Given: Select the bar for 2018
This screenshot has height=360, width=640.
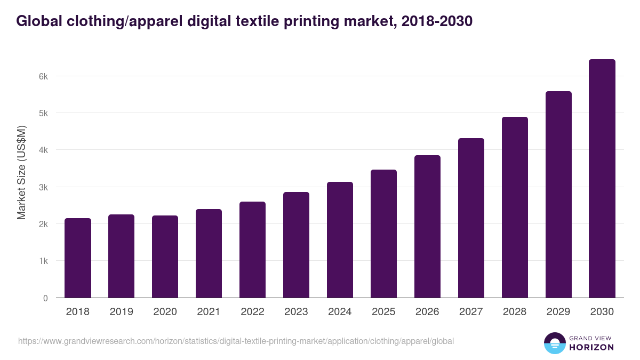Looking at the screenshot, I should [x=78, y=258].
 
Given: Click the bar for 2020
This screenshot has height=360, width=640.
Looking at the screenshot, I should [x=165, y=257].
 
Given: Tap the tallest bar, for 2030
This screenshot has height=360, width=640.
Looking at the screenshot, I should [x=602, y=179].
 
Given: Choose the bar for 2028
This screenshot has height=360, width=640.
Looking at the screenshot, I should [x=515, y=207].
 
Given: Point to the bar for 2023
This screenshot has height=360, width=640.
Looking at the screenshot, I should [x=296, y=245].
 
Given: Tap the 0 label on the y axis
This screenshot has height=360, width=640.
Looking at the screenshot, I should [x=46, y=298].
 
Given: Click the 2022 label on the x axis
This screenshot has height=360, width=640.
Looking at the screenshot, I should [x=252, y=312].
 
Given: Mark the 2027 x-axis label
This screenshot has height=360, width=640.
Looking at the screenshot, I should [x=471, y=312].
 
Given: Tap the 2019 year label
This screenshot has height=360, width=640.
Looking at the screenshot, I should [x=121, y=312].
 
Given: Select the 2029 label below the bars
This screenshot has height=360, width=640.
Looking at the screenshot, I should [x=558, y=312].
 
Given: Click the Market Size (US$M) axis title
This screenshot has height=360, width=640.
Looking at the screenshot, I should [x=21, y=172].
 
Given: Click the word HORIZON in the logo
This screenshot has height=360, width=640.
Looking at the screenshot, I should [x=592, y=347].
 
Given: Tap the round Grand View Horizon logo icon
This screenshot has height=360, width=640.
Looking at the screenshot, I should [x=554, y=343].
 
